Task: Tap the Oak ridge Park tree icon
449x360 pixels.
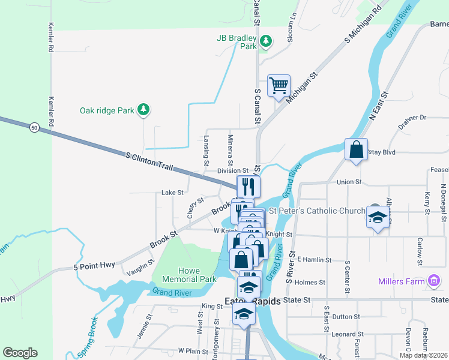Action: click(x=143, y=110)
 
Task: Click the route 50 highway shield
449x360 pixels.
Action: click(x=34, y=127)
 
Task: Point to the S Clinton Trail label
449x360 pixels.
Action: click(x=149, y=161)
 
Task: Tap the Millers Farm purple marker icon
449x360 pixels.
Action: click(x=434, y=281)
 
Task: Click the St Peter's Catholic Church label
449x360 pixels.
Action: click(x=316, y=211)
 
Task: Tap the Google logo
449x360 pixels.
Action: click(x=20, y=353)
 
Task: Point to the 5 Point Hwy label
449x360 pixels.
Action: click(x=94, y=266)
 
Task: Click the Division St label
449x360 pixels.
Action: click(x=233, y=171)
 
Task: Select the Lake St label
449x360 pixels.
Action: click(x=172, y=193)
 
